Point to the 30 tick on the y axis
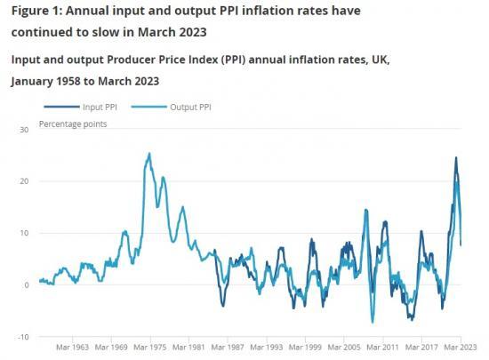(x=24, y=130)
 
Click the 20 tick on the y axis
(x=24, y=181)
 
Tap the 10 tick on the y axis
(x=24, y=233)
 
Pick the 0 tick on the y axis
(x=27, y=285)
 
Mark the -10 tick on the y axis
(x=22, y=337)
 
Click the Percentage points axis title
(x=72, y=124)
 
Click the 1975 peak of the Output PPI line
(x=148, y=154)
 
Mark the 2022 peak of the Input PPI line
(x=456, y=158)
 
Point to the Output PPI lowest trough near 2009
(x=373, y=322)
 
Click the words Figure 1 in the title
(x=36, y=11)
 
